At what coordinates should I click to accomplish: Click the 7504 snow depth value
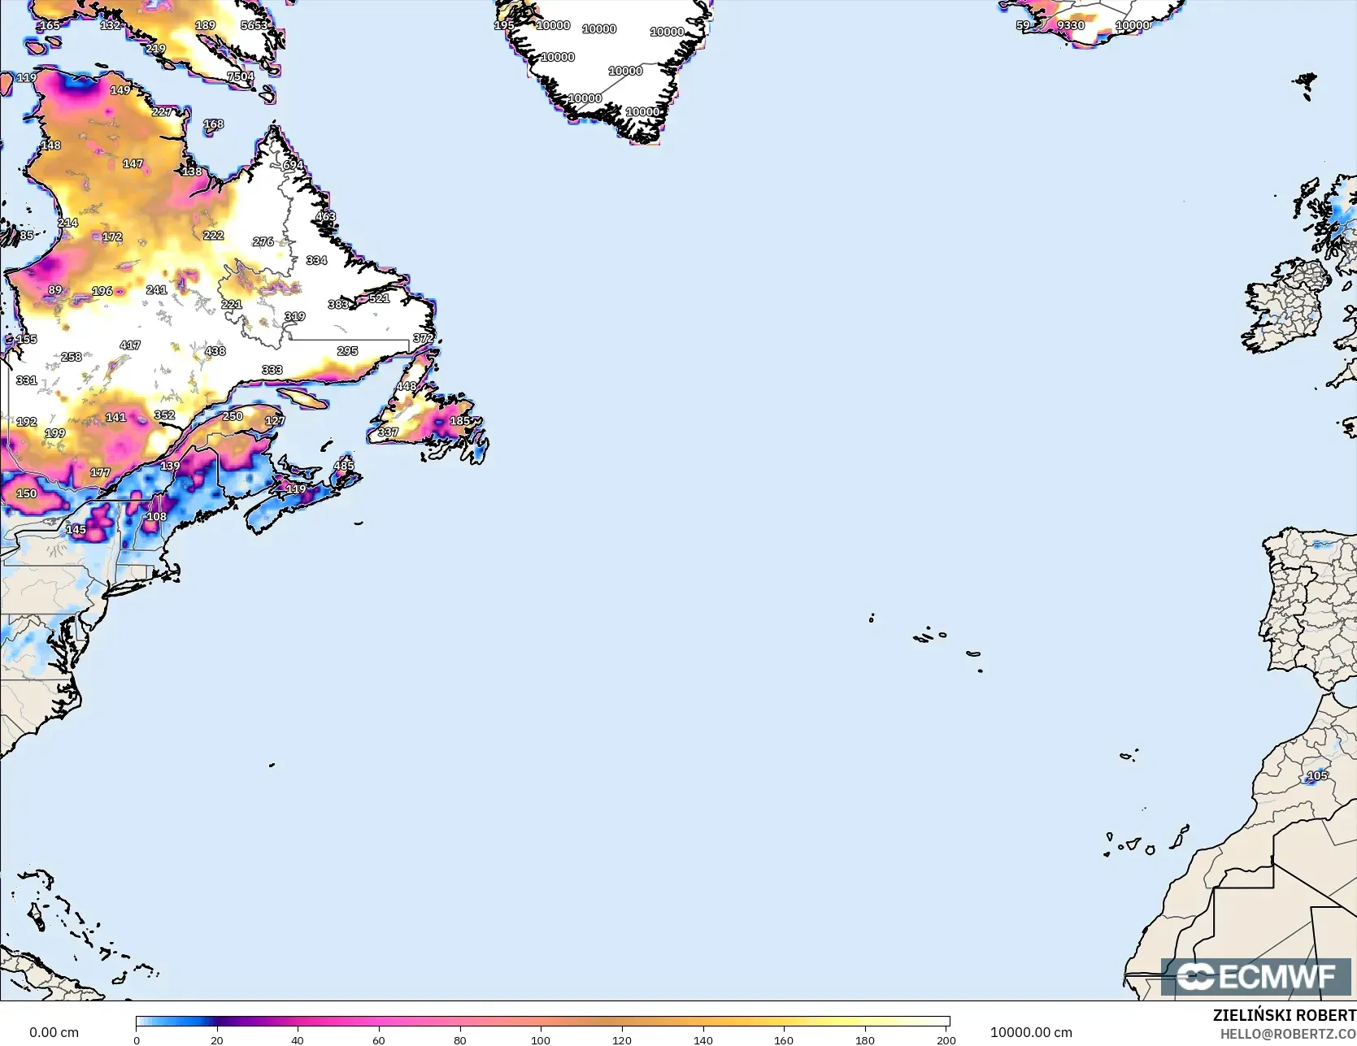(x=241, y=76)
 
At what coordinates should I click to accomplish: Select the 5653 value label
(x=254, y=25)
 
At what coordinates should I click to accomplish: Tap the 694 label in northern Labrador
(x=293, y=165)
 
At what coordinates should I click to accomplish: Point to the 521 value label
(x=380, y=298)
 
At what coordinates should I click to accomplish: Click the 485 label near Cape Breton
(x=345, y=466)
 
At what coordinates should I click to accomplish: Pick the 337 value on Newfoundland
(x=388, y=432)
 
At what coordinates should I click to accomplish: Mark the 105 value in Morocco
(x=1317, y=775)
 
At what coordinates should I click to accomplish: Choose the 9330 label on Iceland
(x=1071, y=25)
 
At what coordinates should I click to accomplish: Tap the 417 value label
(x=130, y=345)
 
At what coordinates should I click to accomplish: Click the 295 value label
(x=347, y=351)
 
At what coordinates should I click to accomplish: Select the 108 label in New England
(x=156, y=517)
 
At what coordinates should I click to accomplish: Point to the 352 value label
(x=165, y=415)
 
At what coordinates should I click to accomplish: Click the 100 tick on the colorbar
(x=541, y=1039)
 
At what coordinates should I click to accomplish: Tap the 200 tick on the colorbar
(x=946, y=1039)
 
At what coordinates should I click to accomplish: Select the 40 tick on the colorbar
(x=298, y=1039)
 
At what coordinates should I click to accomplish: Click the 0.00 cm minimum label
(x=54, y=1032)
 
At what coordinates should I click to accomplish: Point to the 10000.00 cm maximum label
(x=1031, y=1032)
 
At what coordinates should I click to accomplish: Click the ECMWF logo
(x=1256, y=977)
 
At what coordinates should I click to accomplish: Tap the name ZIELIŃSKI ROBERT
(x=1285, y=1015)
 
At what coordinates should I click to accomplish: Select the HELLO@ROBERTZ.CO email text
(x=1288, y=1033)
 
